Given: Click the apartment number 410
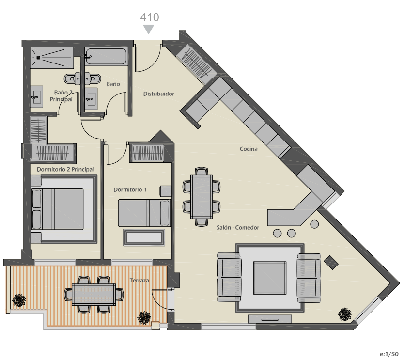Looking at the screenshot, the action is (149, 17).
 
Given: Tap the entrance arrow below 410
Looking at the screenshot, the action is (149, 29).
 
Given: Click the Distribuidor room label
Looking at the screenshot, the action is (159, 94).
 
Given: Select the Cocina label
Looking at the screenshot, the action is (249, 149).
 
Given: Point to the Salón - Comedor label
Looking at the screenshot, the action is (237, 228).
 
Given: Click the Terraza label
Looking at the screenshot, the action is (139, 281).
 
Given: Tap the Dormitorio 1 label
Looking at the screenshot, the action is (130, 189).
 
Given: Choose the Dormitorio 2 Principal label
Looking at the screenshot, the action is (65, 169).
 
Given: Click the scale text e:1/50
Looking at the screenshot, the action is (389, 354).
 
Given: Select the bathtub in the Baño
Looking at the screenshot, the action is (106, 56).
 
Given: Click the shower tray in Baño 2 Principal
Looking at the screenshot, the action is (51, 58).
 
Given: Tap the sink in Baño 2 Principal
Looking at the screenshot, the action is (37, 97).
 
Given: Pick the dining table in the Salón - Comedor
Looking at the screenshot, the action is (202, 197).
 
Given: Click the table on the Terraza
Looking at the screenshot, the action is (93, 294).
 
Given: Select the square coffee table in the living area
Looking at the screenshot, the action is (270, 278).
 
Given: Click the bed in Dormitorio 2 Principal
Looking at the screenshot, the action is (57, 209).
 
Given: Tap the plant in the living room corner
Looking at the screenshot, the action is (344, 314).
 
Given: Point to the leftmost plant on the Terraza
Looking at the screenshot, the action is (19, 300).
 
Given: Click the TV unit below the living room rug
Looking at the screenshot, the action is (270, 319).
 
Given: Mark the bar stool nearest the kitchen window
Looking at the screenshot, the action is (314, 224).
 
